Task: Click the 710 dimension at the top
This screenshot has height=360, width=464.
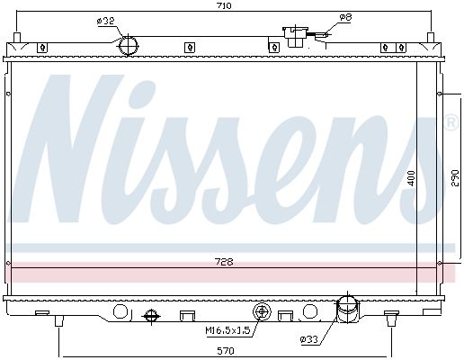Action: pos(224,5)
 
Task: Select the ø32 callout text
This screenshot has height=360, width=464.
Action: pos(106,21)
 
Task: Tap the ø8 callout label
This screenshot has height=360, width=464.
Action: pos(345,17)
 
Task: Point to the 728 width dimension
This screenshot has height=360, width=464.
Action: pos(224,262)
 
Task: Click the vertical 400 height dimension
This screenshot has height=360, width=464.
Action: pos(412,178)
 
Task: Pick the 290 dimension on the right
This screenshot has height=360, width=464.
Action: pos(455,178)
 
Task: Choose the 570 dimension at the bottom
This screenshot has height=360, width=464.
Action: pos(226,350)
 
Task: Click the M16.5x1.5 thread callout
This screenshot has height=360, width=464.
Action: pos(228,330)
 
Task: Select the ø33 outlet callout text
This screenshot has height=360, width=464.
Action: pos(308,339)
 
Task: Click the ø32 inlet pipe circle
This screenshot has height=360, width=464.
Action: pos(129,46)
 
